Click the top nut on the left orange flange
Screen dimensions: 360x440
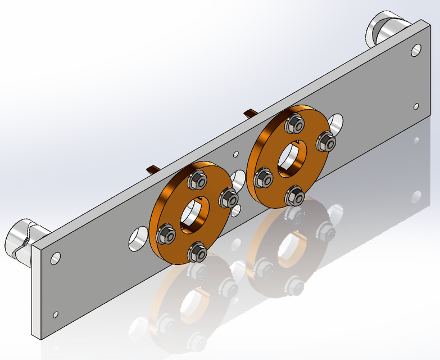(x=197, y=180)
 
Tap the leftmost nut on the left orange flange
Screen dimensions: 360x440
(x=166, y=233)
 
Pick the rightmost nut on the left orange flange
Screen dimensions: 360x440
(x=229, y=197)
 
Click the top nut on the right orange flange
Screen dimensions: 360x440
(x=294, y=124)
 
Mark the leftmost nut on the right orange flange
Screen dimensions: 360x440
(x=263, y=178)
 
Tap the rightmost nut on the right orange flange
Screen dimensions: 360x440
(x=326, y=141)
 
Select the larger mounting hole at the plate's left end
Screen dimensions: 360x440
(x=56, y=258)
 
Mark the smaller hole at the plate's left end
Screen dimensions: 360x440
(x=55, y=313)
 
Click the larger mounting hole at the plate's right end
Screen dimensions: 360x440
(x=416, y=50)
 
